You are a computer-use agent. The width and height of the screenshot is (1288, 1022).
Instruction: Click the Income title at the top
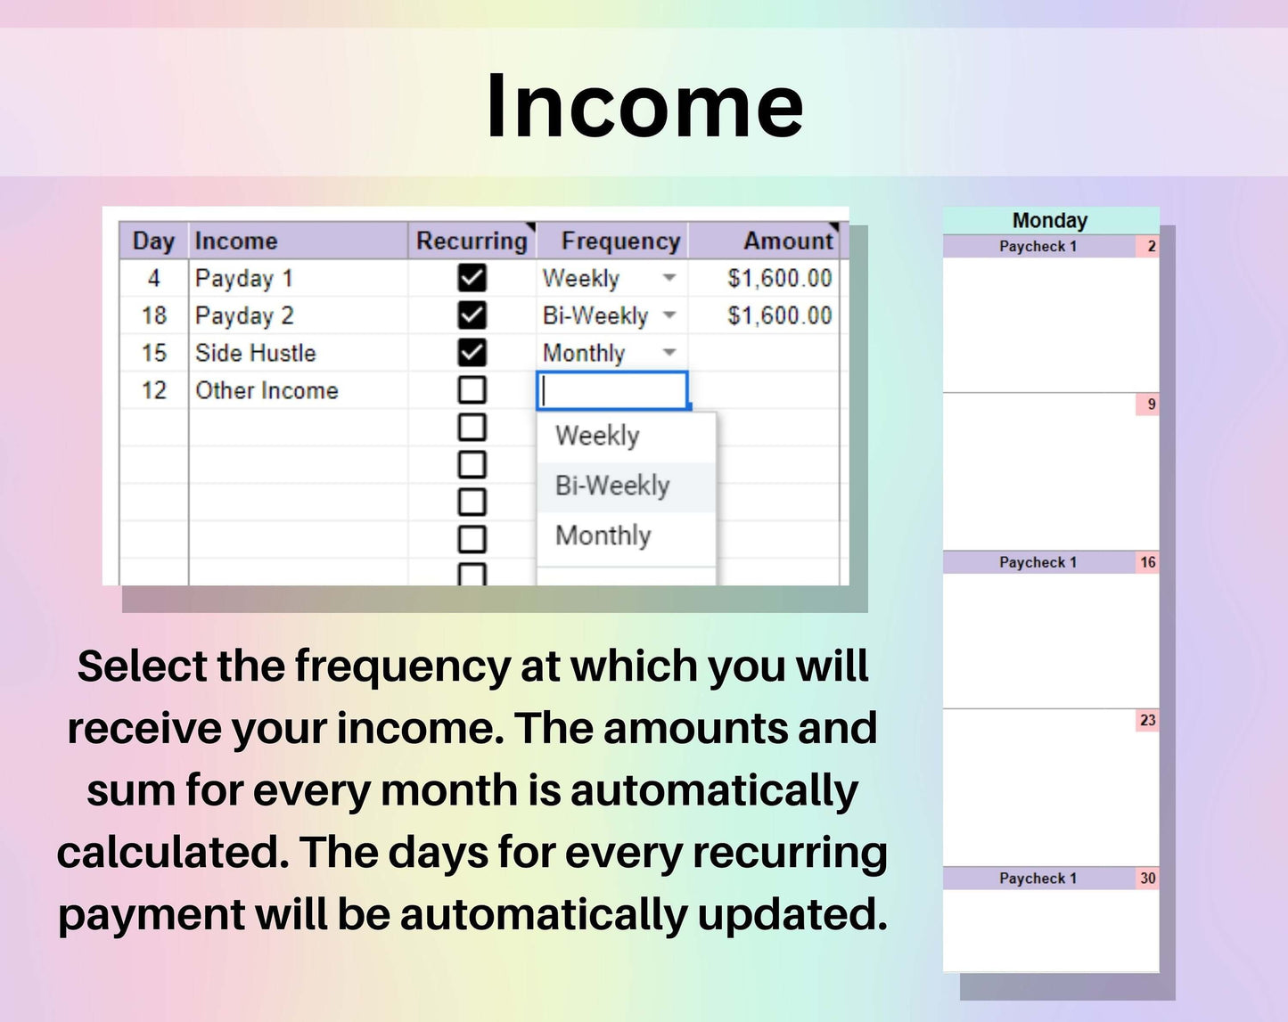click(x=644, y=107)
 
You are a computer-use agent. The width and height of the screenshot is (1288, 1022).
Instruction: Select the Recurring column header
click(x=472, y=241)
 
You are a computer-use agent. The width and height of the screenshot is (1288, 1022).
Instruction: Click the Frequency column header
click(x=620, y=241)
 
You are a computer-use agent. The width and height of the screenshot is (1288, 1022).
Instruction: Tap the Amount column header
click(x=788, y=241)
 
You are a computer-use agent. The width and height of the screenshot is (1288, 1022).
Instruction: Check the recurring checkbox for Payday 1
click(x=472, y=278)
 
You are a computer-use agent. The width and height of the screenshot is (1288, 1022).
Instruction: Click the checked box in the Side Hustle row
click(x=472, y=353)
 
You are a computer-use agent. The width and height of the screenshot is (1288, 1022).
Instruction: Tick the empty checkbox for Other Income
click(x=472, y=389)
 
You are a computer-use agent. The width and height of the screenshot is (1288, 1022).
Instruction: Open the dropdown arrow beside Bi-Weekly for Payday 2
click(x=669, y=315)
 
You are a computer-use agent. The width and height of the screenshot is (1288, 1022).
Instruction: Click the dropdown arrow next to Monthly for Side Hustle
click(x=669, y=352)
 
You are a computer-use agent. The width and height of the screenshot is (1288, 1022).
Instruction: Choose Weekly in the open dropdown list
click(x=597, y=436)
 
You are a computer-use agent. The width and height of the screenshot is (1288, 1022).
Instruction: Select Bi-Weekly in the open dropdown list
click(x=612, y=486)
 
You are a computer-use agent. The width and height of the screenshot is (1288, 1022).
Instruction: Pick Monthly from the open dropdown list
click(x=603, y=536)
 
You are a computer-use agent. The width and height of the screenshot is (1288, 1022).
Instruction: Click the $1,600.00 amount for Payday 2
click(x=779, y=315)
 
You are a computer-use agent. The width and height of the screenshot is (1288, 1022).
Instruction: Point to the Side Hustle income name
click(x=255, y=353)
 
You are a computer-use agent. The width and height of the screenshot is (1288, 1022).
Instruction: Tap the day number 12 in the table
click(x=154, y=390)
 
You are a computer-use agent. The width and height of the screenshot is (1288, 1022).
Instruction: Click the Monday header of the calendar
click(x=1050, y=220)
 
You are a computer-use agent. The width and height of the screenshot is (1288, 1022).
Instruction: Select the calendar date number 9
click(x=1151, y=404)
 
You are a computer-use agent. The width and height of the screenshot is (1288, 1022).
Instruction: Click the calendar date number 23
click(x=1148, y=720)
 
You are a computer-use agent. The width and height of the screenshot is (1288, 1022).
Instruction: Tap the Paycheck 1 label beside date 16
click(x=1038, y=562)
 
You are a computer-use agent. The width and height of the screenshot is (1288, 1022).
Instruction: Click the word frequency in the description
click(x=402, y=666)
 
